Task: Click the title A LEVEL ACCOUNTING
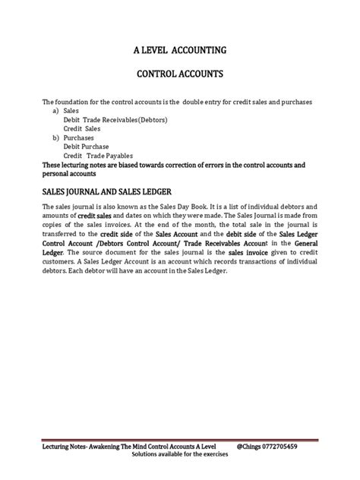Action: coord(179,51)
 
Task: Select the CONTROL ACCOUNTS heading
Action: coord(179,76)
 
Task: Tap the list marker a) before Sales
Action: coord(57,110)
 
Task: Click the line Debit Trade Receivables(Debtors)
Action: coord(115,118)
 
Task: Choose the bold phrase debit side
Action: coord(221,236)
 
